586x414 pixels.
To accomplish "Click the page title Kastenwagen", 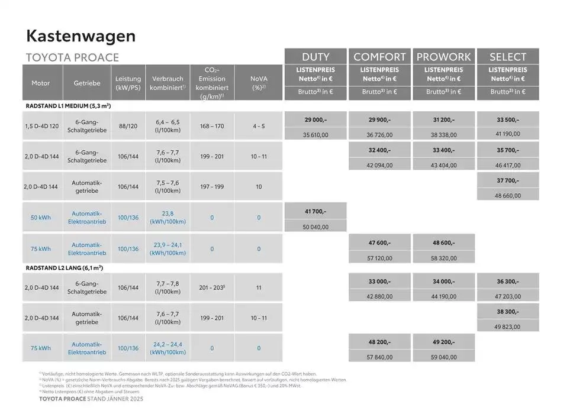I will (x=81, y=35).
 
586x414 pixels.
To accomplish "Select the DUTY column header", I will (x=315, y=57).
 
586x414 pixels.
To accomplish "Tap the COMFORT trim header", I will (x=379, y=57).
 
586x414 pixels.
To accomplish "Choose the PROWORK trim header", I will (x=443, y=57).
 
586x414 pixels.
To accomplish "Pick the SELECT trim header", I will (x=508, y=57).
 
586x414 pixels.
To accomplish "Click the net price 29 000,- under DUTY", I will (x=315, y=119).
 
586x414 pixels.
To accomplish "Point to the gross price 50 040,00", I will (x=315, y=227).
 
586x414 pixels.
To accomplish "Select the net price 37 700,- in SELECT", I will (x=508, y=180).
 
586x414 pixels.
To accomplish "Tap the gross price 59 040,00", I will (x=443, y=357).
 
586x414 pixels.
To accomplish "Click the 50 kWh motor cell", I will (x=41, y=218).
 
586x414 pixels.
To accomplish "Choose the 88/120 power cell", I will (x=128, y=126).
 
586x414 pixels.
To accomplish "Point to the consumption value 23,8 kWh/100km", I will (x=168, y=218).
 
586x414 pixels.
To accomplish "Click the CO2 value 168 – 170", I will (x=212, y=126).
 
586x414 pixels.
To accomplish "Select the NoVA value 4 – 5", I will (x=258, y=126).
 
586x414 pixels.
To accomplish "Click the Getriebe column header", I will (x=87, y=83).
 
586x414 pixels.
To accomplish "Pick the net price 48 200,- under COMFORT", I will (x=379, y=342).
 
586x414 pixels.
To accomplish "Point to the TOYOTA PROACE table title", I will (x=73, y=57).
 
